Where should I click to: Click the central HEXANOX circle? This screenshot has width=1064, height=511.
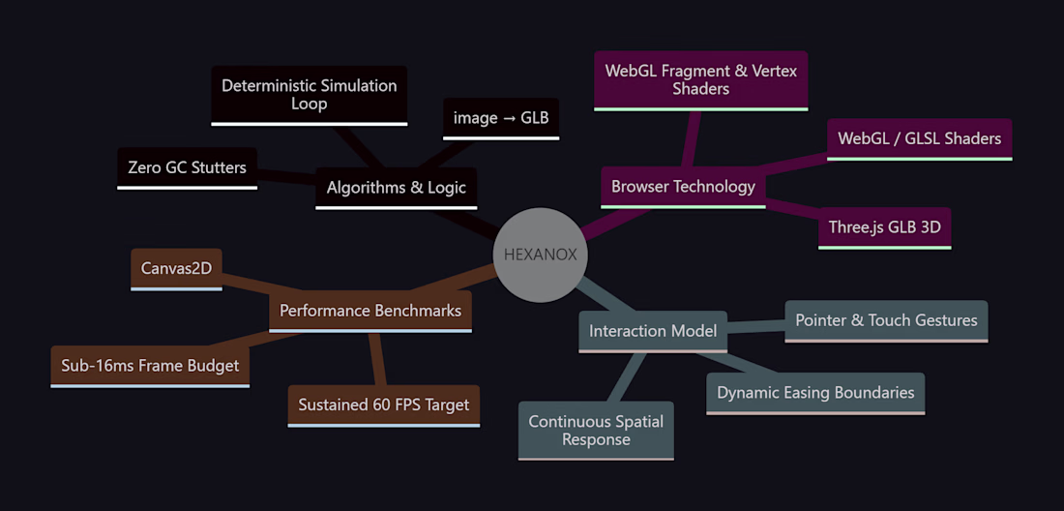pyautogui.click(x=540, y=255)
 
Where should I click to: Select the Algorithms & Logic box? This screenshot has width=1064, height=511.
pyautogui.click(x=397, y=188)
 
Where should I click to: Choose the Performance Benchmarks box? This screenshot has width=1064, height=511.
pyautogui.click(x=370, y=312)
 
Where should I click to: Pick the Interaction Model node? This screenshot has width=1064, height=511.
pyautogui.click(x=653, y=332)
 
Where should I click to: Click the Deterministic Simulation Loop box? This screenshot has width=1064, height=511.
pyautogui.click(x=310, y=96)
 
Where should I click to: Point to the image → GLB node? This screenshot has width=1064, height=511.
pyautogui.click(x=501, y=119)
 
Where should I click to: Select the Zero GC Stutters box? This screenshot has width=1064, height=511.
pyautogui.click(x=188, y=168)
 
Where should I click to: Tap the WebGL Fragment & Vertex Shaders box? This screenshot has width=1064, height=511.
pyautogui.click(x=701, y=80)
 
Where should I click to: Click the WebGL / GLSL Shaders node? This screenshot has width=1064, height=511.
pyautogui.click(x=920, y=139)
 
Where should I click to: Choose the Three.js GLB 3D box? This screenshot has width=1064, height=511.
pyautogui.click(x=885, y=228)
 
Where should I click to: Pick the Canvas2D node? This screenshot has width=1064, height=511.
pyautogui.click(x=176, y=269)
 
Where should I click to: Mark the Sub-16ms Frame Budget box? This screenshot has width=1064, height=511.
pyautogui.click(x=150, y=367)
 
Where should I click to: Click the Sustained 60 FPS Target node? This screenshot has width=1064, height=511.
pyautogui.click(x=384, y=406)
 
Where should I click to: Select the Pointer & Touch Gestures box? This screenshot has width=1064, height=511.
pyautogui.click(x=886, y=321)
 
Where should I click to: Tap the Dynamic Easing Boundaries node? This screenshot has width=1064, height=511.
pyautogui.click(x=815, y=394)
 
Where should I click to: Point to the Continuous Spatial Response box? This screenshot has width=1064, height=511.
pyautogui.click(x=596, y=431)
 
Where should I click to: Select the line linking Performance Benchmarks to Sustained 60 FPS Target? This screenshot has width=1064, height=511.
pyautogui.click(x=377, y=360)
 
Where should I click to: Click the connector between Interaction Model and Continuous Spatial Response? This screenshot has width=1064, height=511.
pyautogui.click(x=626, y=377)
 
